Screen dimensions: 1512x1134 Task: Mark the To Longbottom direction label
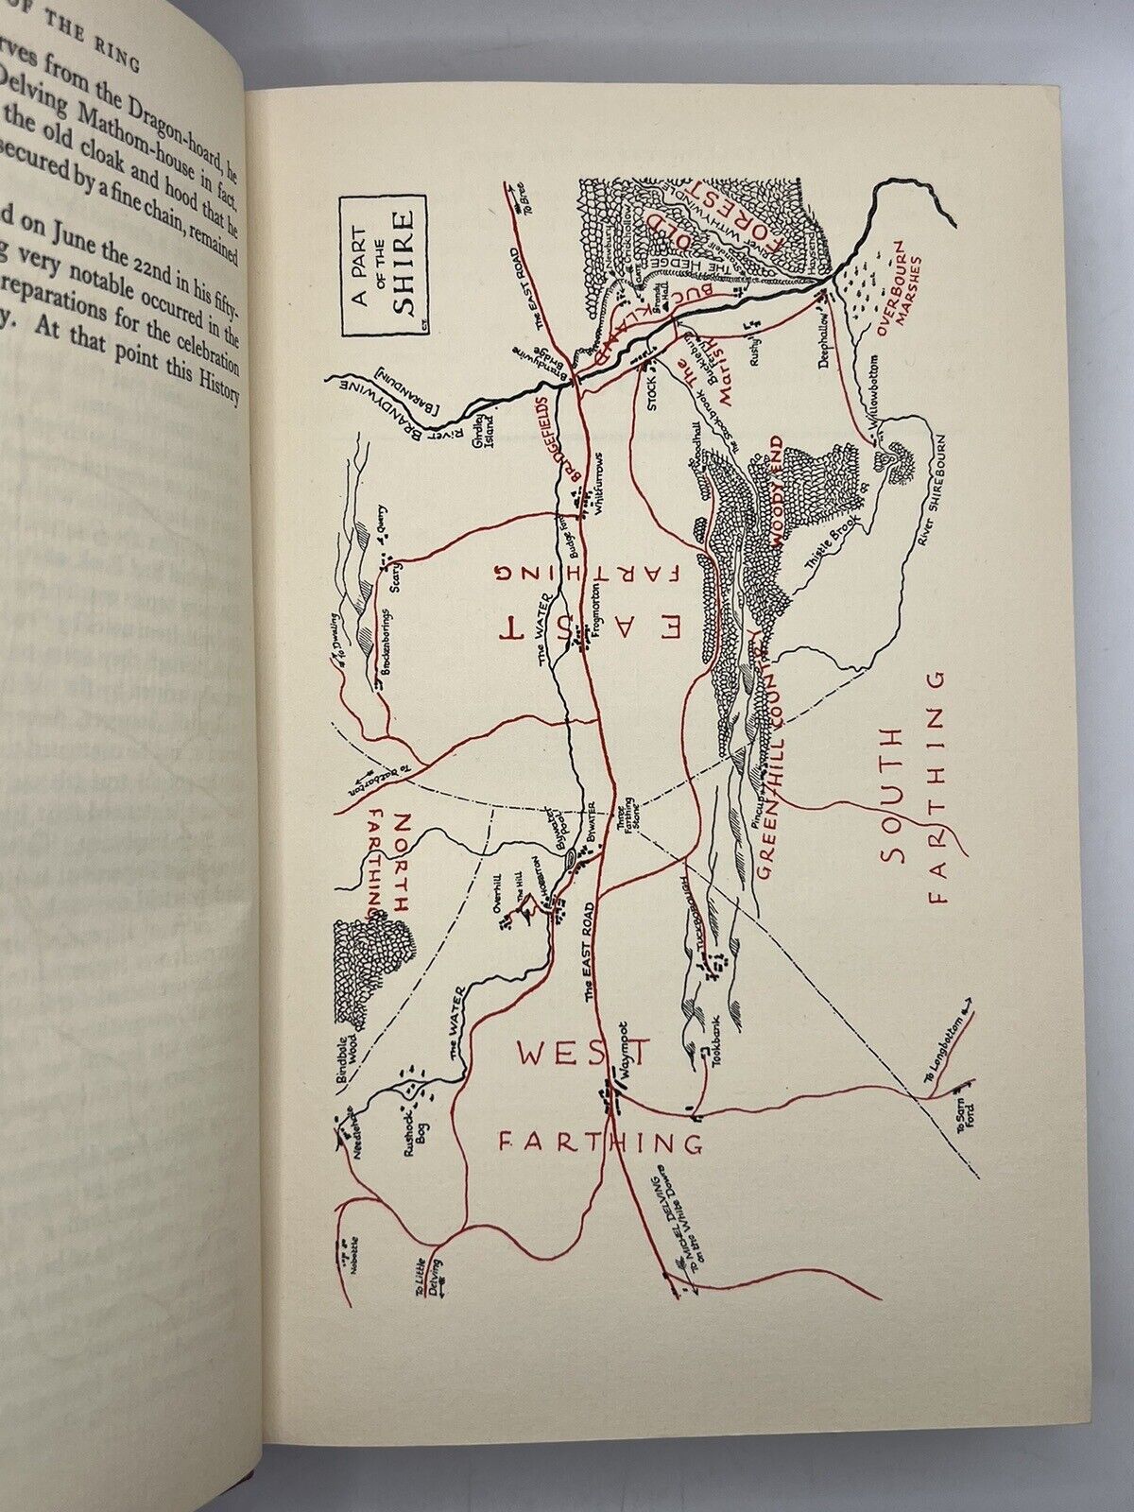[x=941, y=1048]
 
